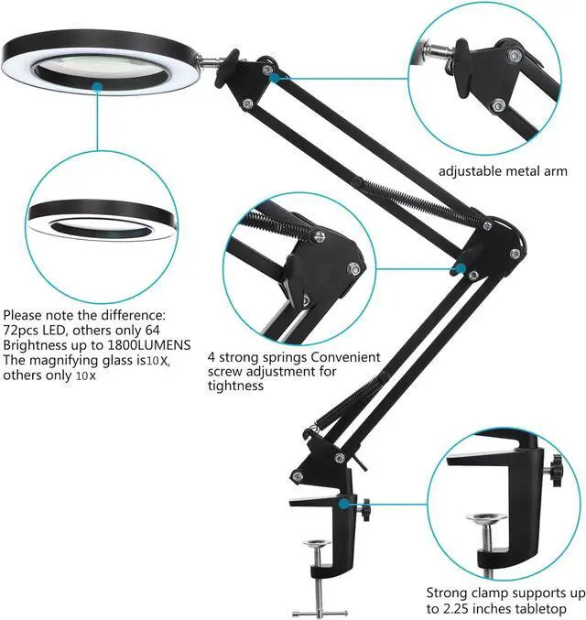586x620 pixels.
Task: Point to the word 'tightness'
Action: tap(236, 386)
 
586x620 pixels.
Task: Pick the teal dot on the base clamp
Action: tap(341, 502)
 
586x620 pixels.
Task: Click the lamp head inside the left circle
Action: tap(100, 220)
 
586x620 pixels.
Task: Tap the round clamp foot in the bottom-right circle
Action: tap(486, 520)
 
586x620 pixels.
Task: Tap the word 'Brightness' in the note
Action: tap(35, 345)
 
